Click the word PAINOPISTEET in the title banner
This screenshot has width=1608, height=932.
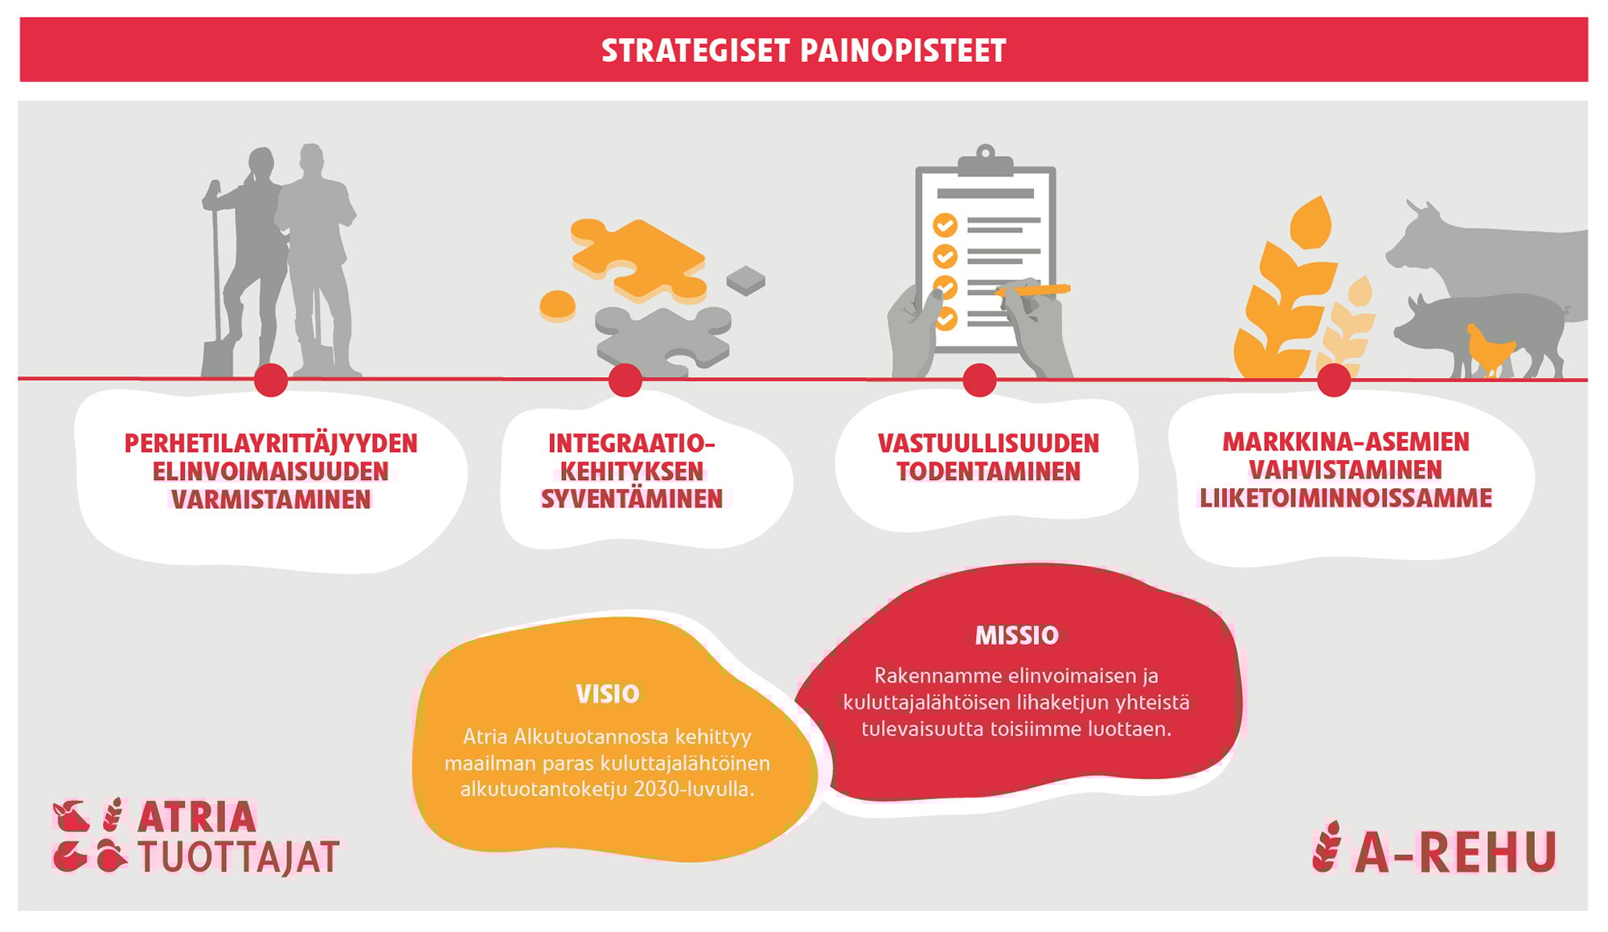pyautogui.click(x=903, y=51)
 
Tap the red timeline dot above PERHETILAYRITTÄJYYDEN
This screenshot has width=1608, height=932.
pyautogui.click(x=271, y=380)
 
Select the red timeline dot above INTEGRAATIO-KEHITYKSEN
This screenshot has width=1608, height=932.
pyautogui.click(x=625, y=380)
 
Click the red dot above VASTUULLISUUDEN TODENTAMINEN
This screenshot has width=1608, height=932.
pyautogui.click(x=979, y=380)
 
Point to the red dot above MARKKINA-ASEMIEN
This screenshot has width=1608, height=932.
pyautogui.click(x=1334, y=380)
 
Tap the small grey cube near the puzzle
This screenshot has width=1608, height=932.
pyautogui.click(x=746, y=280)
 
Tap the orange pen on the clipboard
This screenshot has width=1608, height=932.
pyautogui.click(x=1034, y=289)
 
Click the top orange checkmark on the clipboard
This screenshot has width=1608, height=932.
pyautogui.click(x=945, y=224)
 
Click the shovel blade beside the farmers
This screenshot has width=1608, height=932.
pyautogui.click(x=216, y=359)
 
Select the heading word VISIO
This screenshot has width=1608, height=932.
pyautogui.click(x=608, y=694)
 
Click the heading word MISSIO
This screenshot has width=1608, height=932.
pyautogui.click(x=1017, y=636)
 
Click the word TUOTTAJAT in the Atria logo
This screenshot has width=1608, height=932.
pyautogui.click(x=239, y=857)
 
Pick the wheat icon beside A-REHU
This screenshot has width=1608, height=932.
pyautogui.click(x=1327, y=847)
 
